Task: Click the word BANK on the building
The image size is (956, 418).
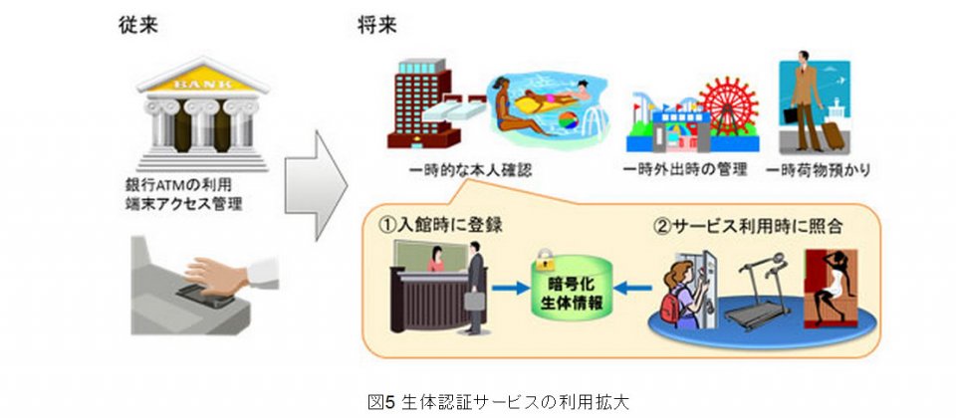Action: pyautogui.click(x=203, y=83)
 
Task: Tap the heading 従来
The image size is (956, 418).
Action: pyautogui.click(x=138, y=26)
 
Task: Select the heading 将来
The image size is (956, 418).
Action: pyautogui.click(x=377, y=26)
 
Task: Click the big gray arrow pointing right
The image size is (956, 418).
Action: pyautogui.click(x=316, y=185)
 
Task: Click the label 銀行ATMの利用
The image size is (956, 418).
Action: pyautogui.click(x=177, y=184)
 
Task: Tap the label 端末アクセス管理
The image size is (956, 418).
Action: pyautogui.click(x=182, y=204)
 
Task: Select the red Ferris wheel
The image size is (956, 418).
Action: pyautogui.click(x=728, y=106)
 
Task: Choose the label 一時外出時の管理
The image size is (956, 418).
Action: pyautogui.click(x=685, y=170)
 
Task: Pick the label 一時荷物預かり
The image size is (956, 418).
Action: pyautogui.click(x=817, y=170)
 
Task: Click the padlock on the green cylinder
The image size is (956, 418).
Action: pyautogui.click(x=545, y=260)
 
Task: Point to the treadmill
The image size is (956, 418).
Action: pyautogui.click(x=760, y=294)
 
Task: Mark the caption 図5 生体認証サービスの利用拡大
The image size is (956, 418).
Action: pyautogui.click(x=498, y=401)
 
